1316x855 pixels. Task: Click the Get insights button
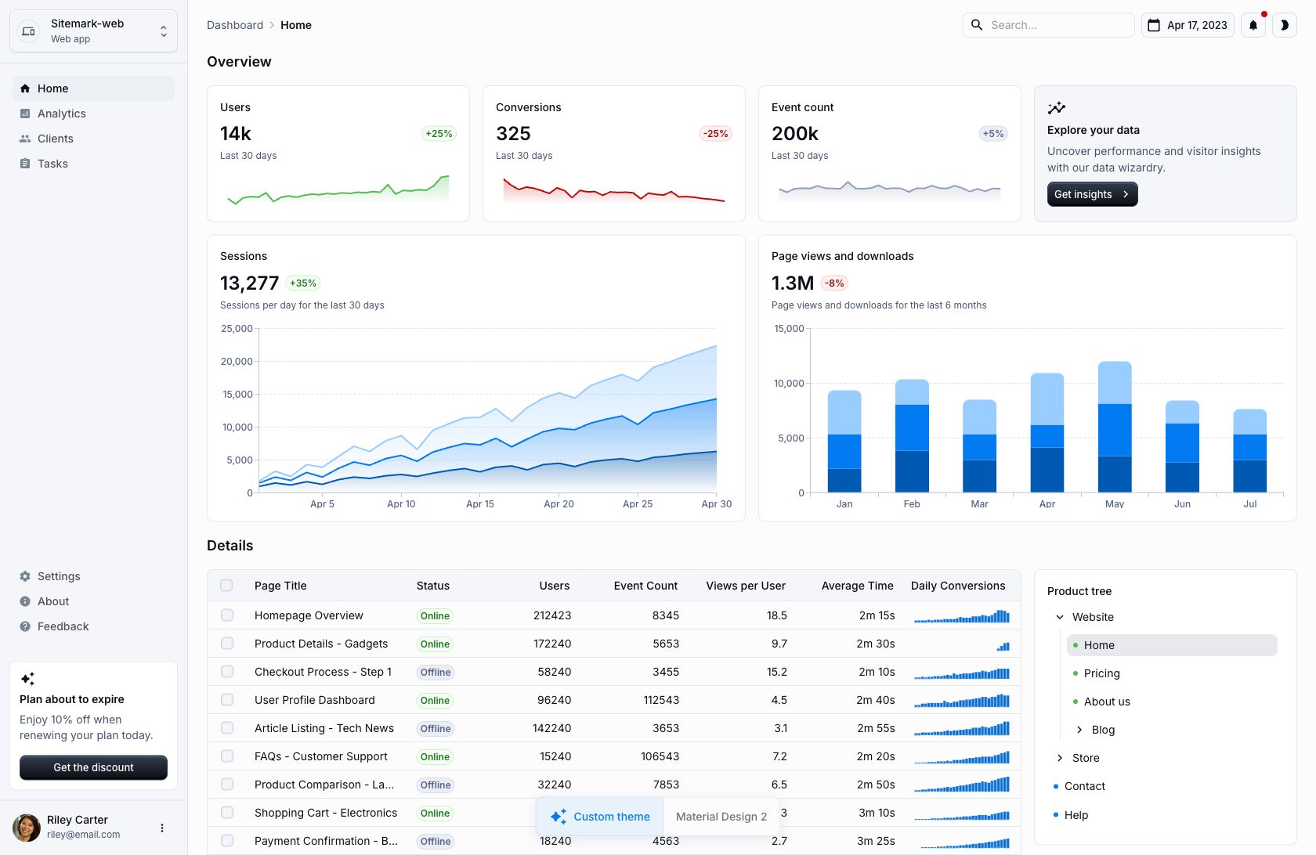1092,194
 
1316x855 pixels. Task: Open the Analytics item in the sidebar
62,114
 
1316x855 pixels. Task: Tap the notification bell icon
1253,25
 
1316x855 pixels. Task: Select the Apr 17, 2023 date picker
1188,25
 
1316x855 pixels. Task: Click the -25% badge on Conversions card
715,134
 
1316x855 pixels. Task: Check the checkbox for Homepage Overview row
227,615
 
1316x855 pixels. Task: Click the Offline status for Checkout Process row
435,672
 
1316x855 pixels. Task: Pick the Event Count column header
645,586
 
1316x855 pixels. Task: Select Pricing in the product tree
1101,673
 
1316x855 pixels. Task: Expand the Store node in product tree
1060,758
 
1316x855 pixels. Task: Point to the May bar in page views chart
1115,427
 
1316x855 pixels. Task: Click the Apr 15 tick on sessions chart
480,504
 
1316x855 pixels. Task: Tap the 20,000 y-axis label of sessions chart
237,362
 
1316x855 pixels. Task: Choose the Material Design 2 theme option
721,817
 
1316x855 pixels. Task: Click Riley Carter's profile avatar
27,828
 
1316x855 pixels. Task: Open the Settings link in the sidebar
59,576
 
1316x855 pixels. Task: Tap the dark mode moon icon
1285,25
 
